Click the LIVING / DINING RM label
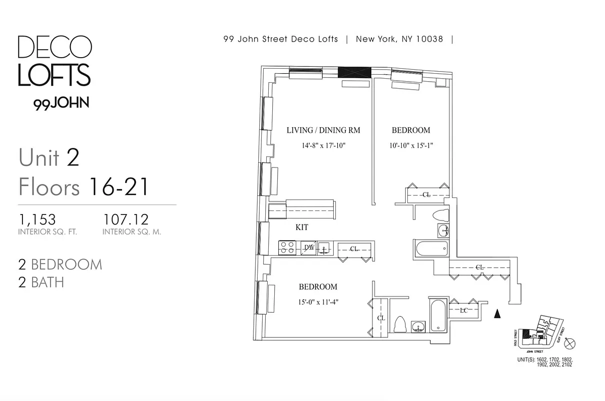point(323,130)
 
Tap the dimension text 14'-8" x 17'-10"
point(323,146)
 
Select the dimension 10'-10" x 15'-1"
point(411,146)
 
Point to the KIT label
point(302,227)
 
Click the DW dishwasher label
point(309,248)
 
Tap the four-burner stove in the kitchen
point(287,248)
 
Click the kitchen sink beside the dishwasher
point(324,248)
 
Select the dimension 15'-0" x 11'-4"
point(318,302)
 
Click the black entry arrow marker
point(497,314)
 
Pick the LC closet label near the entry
point(464,311)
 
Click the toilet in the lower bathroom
point(400,324)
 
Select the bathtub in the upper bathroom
point(431,249)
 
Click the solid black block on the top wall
point(355,72)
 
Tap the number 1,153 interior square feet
point(37,220)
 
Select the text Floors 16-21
point(84,187)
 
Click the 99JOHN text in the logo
point(61,103)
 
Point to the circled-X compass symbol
point(570,344)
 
